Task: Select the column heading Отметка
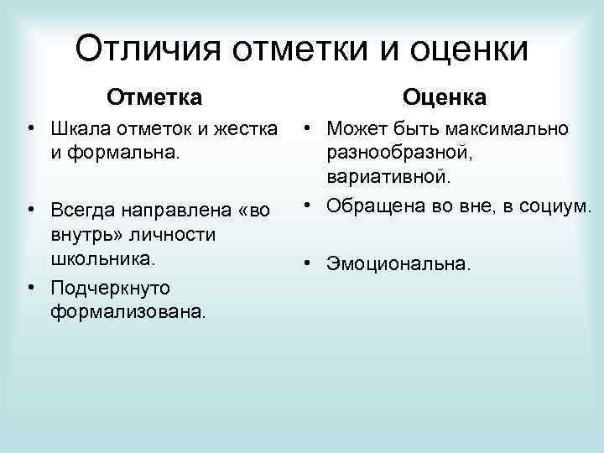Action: coord(154,97)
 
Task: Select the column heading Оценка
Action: coord(445,97)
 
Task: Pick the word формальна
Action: coord(116,154)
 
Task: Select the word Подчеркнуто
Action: coord(109,288)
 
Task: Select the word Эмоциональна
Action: coord(399,263)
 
